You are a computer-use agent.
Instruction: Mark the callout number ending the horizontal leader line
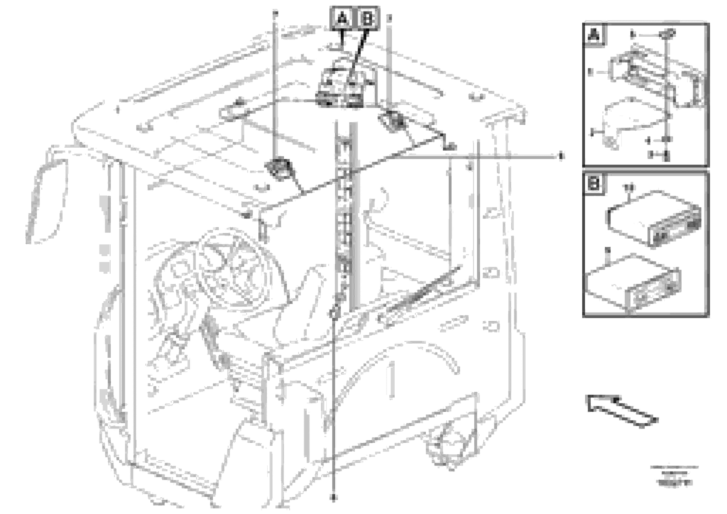click(x=561, y=156)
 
